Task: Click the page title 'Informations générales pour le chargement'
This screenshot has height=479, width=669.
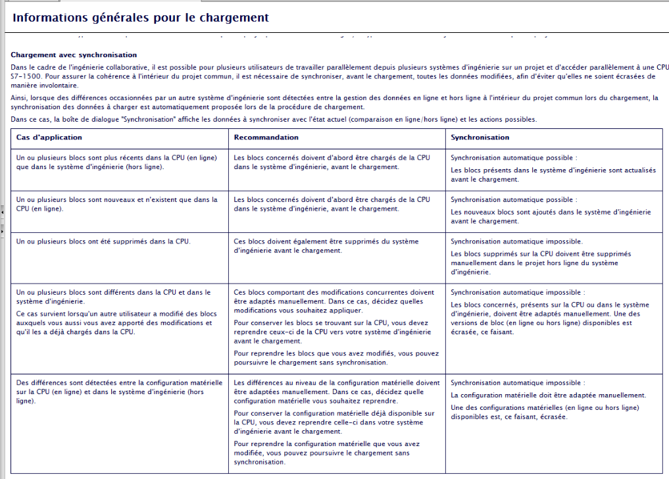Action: (141, 18)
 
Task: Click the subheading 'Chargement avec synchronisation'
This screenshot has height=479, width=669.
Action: (74, 55)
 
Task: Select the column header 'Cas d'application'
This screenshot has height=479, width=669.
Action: (49, 138)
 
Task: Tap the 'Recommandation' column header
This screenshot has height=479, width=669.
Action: (266, 138)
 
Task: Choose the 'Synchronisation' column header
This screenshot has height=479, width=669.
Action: (480, 138)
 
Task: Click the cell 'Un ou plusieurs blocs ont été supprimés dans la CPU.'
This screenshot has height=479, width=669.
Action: (103, 241)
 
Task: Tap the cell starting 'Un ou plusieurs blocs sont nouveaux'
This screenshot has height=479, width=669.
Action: (116, 204)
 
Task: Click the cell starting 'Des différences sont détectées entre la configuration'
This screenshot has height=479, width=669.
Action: (119, 391)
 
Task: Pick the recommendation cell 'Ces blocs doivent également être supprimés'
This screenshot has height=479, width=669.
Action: (326, 245)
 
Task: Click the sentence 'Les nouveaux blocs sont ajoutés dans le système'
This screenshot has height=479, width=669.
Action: (550, 216)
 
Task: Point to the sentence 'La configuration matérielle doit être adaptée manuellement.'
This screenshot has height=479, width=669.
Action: (548, 395)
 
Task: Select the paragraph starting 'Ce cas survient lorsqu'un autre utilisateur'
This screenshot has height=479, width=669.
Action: (116, 323)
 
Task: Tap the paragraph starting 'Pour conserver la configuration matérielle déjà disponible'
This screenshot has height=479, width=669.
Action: (334, 422)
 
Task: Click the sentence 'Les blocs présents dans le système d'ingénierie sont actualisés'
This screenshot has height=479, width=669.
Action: (553, 174)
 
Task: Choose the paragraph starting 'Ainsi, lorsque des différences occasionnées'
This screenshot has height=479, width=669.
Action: (334, 103)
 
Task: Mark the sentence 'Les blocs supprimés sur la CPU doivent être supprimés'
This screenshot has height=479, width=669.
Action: (540, 262)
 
